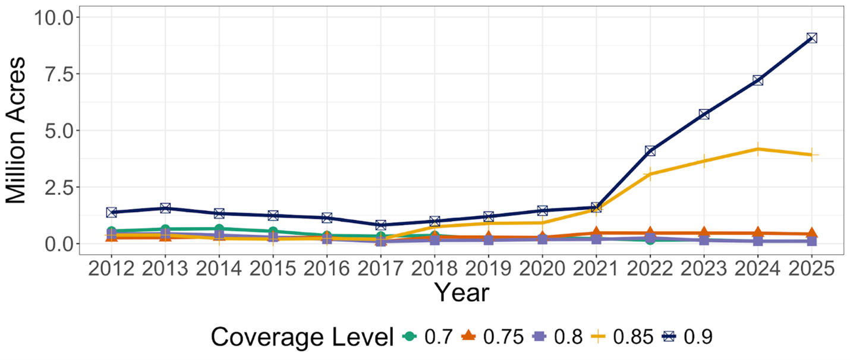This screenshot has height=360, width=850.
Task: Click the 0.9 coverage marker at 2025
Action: tap(811, 38)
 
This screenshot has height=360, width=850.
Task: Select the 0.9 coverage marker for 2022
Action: tap(650, 151)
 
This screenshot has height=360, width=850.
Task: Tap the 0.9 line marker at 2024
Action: tap(757, 80)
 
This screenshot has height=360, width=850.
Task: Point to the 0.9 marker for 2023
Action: tap(704, 114)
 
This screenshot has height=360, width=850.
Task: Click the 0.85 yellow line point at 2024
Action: tap(757, 149)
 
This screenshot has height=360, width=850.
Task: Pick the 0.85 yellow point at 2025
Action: tap(811, 154)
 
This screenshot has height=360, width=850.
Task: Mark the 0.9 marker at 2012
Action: tap(111, 212)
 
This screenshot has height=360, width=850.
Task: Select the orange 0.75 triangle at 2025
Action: tap(811, 233)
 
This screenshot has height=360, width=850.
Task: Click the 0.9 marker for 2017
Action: tap(380, 225)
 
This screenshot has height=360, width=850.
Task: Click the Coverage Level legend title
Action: tap(302, 336)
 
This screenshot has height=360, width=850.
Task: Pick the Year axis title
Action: tap(461, 292)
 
